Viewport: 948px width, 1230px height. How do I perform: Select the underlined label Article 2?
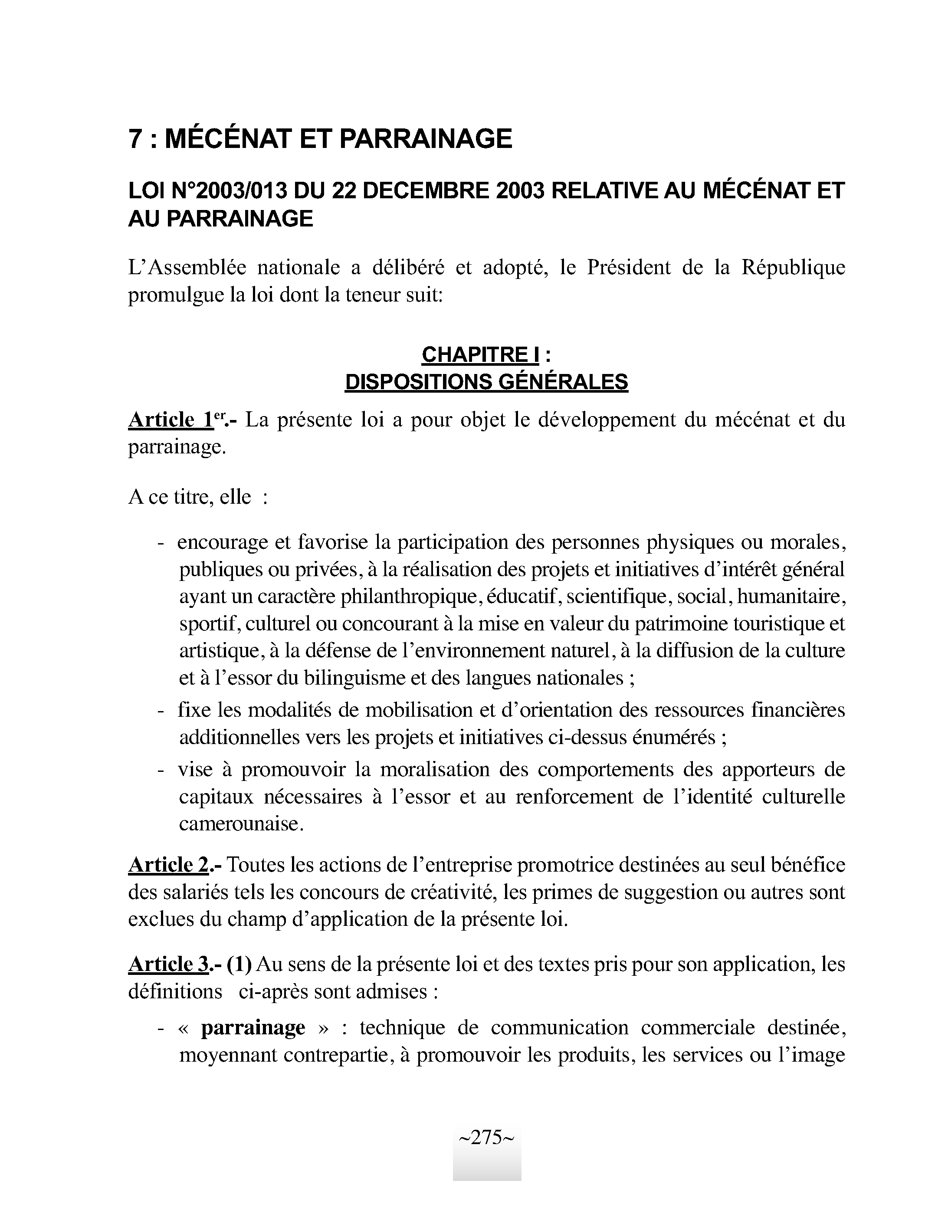point(168,865)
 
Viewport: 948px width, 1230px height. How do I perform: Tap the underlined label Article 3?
point(168,964)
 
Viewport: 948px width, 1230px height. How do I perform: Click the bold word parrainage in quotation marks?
point(253,1027)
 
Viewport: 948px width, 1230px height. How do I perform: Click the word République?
point(793,268)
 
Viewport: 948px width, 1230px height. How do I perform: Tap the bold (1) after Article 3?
point(239,964)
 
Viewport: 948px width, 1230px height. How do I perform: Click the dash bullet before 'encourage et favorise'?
point(161,543)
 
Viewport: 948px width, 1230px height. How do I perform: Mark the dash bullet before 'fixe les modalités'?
point(161,710)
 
